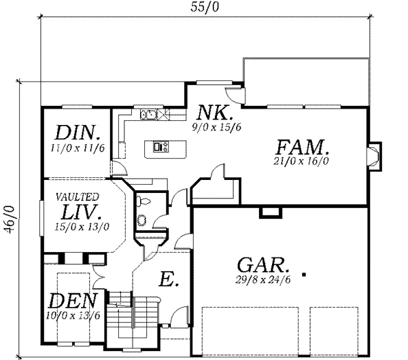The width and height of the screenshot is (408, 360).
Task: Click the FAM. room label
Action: (303, 146)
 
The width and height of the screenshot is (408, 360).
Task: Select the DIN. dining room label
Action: (80, 132)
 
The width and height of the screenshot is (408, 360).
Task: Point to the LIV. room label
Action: (80, 213)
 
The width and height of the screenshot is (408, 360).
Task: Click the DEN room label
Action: (73, 300)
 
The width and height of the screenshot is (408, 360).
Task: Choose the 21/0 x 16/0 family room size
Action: (302, 162)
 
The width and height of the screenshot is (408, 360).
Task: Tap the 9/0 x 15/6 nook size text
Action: (216, 126)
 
